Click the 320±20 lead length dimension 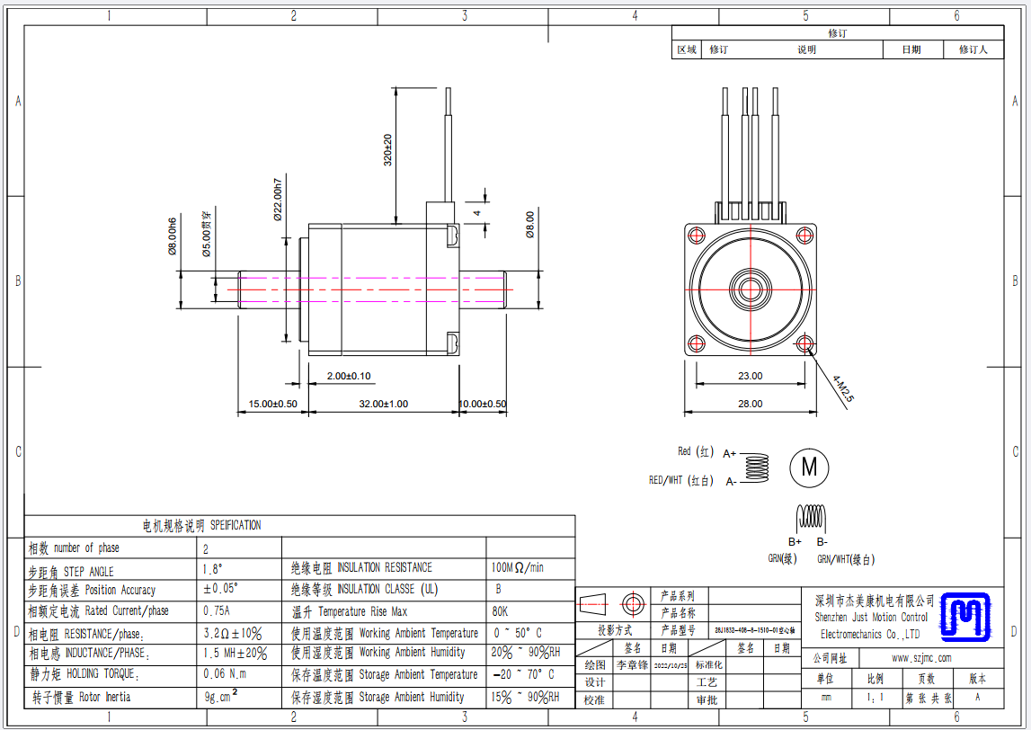[388, 150]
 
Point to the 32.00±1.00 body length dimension [384, 404]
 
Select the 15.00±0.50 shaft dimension [272, 404]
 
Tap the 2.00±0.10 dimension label [348, 376]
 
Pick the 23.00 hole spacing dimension [750, 376]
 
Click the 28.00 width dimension [750, 404]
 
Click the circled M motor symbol [809, 467]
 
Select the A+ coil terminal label [730, 454]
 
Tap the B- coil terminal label [822, 541]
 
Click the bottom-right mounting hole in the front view [804, 343]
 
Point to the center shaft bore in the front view [750, 289]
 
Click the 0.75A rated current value [217, 611]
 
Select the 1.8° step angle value [213, 569]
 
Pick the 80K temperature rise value [500, 611]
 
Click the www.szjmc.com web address [920, 658]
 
